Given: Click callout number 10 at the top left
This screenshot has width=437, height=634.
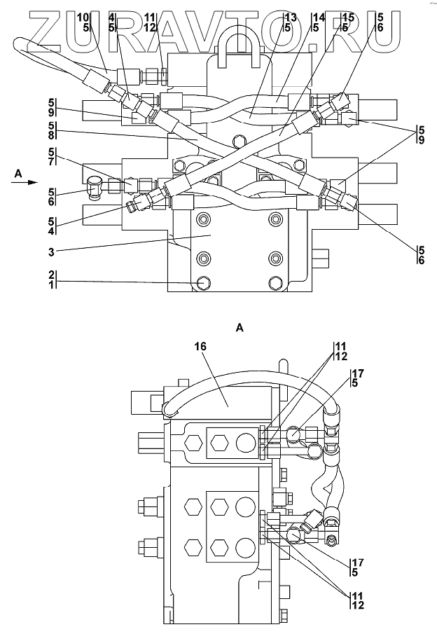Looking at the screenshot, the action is tap(83, 18).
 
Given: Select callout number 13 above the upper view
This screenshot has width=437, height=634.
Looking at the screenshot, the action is tap(290, 18).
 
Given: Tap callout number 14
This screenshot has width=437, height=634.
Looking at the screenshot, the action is tap(319, 18).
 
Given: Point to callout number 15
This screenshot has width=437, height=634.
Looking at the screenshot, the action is tap(348, 18).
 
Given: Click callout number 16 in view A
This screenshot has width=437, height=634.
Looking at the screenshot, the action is tap(200, 347).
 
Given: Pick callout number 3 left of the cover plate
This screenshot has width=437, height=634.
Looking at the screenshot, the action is tap(51, 252).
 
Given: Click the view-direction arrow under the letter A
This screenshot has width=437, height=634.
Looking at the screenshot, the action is tap(25, 183).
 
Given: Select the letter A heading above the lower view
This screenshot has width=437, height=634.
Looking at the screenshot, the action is tap(240, 328).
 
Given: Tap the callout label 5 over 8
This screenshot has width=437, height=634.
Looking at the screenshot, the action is tap(51, 130).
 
